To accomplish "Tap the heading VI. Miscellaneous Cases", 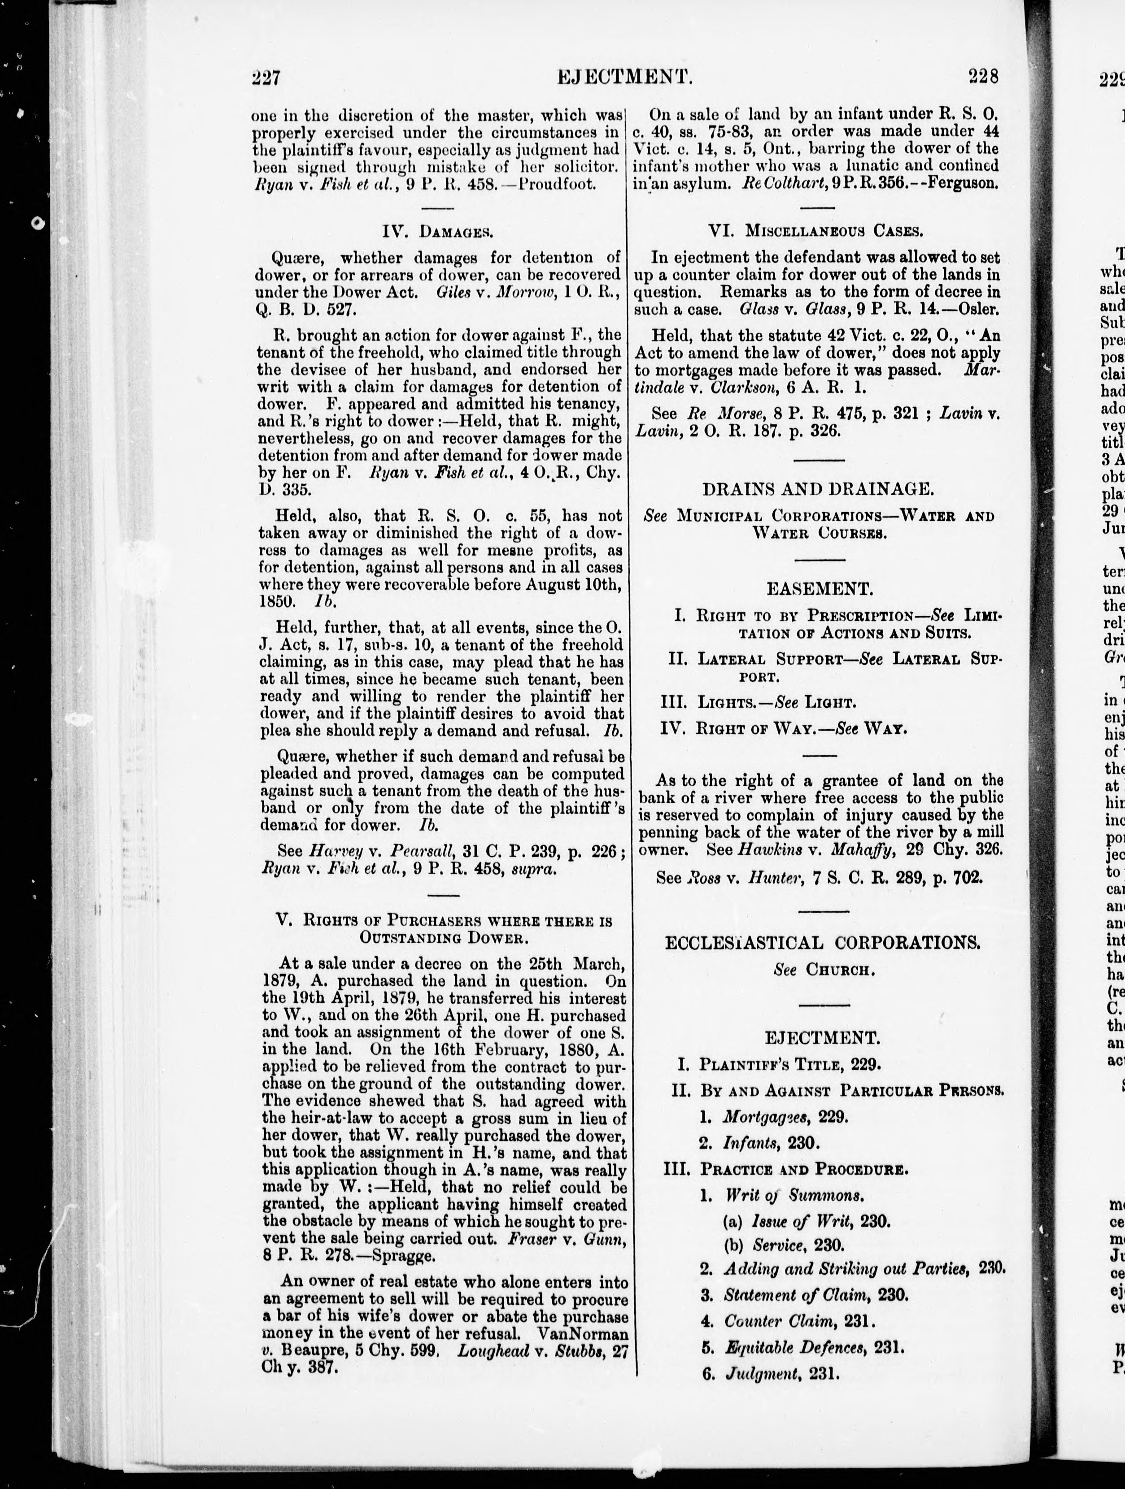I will pyautogui.click(x=815, y=231).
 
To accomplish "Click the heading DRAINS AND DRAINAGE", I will pyautogui.click(x=819, y=489).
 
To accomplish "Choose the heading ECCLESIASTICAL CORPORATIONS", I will pyautogui.click(x=822, y=942).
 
